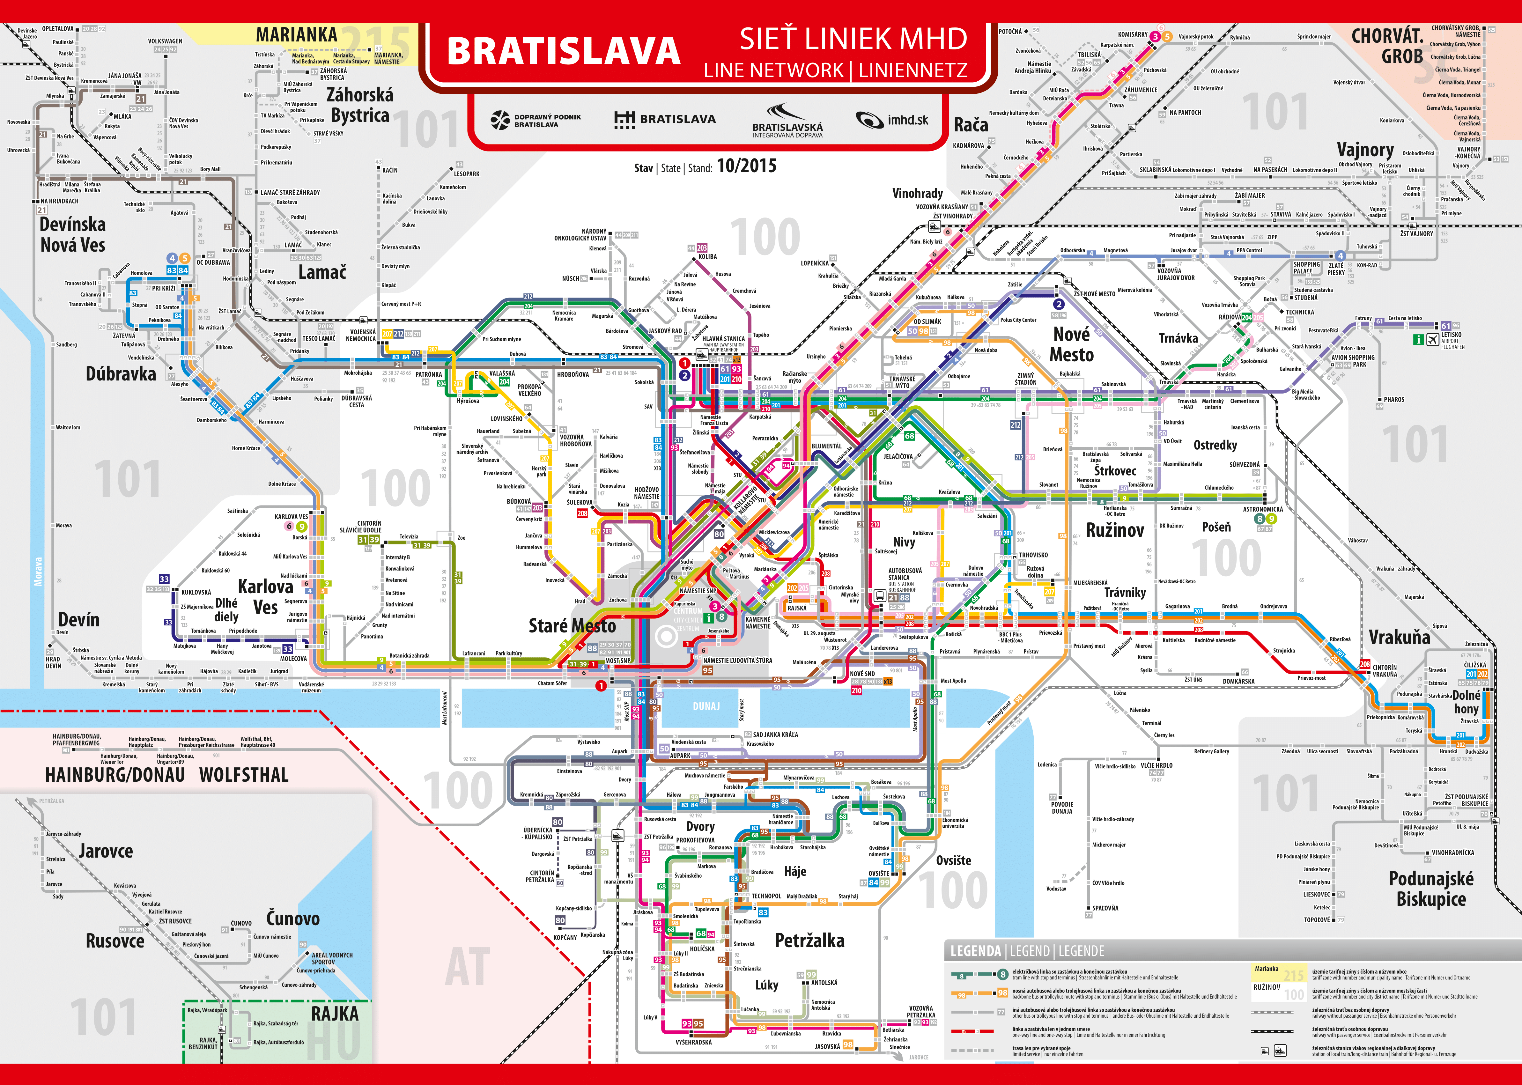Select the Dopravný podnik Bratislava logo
pos(536,120)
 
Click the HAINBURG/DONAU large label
pos(115,775)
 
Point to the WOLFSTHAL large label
pos(244,775)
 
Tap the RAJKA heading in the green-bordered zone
pos(335,1014)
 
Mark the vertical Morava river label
pos(38,572)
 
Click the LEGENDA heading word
pos(975,951)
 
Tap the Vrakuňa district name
pos(1399,637)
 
